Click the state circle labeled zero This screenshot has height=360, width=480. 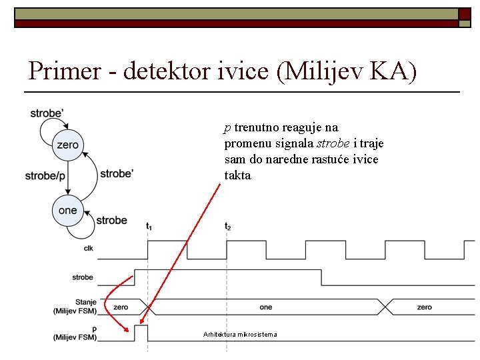pos(67,145)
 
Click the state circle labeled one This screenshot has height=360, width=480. pos(67,211)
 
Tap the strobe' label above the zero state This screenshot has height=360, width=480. pos(47,113)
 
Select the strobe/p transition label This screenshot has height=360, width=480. pos(45,176)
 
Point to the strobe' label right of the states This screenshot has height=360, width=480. pos(117,173)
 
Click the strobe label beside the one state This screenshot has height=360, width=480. pos(111,220)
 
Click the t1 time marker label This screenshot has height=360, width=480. pos(149,227)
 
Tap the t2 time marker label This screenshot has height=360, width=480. pos(227,227)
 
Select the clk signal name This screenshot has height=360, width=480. pos(89,249)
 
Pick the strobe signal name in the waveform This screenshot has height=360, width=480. pos(83,277)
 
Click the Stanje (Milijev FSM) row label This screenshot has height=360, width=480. pos(75,306)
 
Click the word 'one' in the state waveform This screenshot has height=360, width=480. pos(265,307)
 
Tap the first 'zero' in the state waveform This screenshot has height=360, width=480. pos(121,307)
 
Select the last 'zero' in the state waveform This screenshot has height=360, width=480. pos(424,307)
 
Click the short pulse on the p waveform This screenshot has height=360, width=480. pos(141,331)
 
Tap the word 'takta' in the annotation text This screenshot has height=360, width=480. pos(237,176)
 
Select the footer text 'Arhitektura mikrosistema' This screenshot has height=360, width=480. pos(239,334)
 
